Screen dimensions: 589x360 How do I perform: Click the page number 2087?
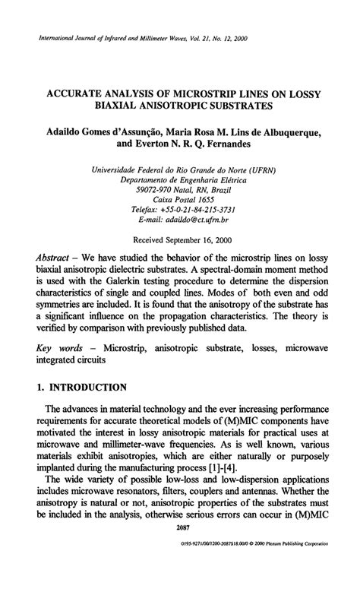pos(181,549)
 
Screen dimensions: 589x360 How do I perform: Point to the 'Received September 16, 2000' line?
pos(180,238)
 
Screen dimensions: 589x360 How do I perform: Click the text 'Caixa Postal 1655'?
pos(180,197)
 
